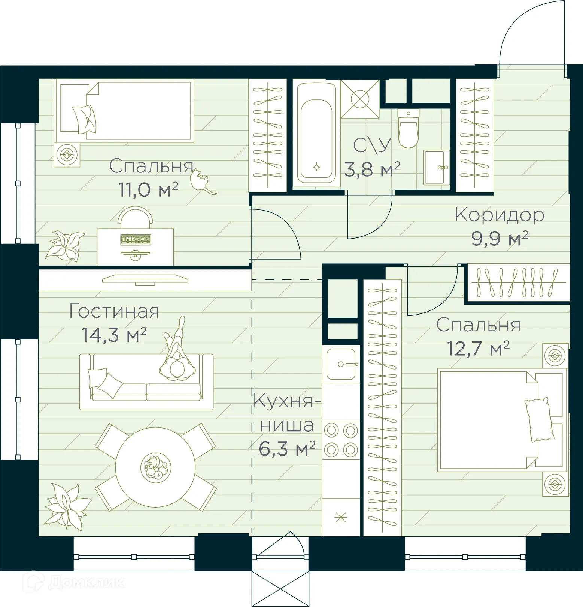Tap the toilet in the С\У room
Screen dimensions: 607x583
(408, 129)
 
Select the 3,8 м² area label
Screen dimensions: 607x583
(372, 169)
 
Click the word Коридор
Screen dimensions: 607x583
(500, 215)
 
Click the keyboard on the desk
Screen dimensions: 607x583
(136, 240)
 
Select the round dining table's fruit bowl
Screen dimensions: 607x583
(155, 467)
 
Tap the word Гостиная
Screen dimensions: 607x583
(115, 311)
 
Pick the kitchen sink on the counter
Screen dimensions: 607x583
(341, 364)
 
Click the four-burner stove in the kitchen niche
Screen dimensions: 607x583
(341, 440)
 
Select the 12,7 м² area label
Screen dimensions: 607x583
(478, 349)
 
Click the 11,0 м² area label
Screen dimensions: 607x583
(148, 190)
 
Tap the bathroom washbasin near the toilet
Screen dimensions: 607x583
(435, 167)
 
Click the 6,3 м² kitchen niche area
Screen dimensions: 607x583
(287, 449)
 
